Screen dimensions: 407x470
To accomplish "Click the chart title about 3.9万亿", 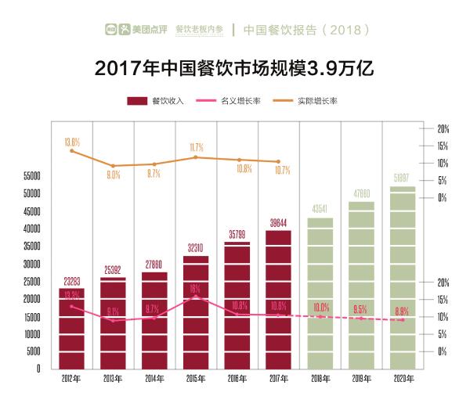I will coord(234,69).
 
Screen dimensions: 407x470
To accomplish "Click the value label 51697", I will coord(403,178).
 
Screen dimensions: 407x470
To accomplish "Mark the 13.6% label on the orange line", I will coord(72,142).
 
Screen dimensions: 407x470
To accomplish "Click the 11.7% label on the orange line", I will coord(197,147).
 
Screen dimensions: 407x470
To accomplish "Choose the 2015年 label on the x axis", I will coord(196,379).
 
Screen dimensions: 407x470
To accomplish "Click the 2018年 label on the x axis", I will coord(320,379).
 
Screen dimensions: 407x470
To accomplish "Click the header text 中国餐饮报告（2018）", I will coord(305,30).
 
